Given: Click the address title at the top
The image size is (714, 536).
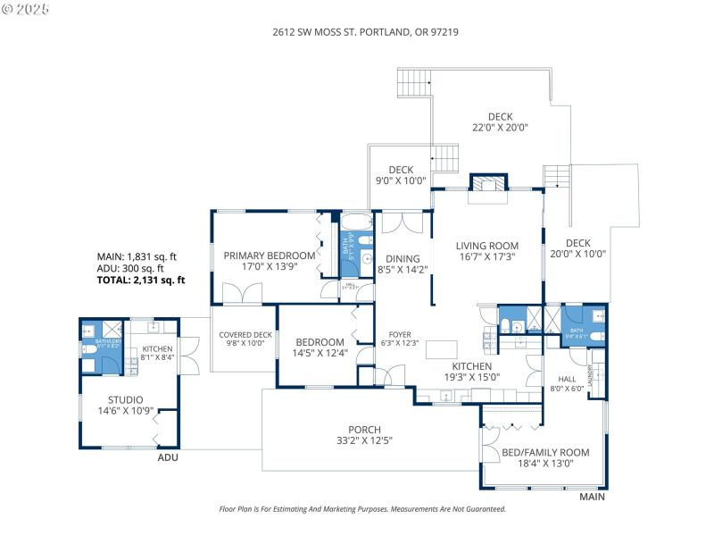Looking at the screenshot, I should click(x=365, y=31).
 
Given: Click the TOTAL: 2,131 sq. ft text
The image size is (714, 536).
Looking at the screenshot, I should click(x=141, y=280).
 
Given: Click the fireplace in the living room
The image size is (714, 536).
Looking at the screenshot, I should click(x=488, y=185).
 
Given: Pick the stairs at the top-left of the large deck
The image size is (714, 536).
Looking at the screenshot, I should click(x=413, y=83).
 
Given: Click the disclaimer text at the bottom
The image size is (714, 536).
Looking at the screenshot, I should click(x=362, y=508).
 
